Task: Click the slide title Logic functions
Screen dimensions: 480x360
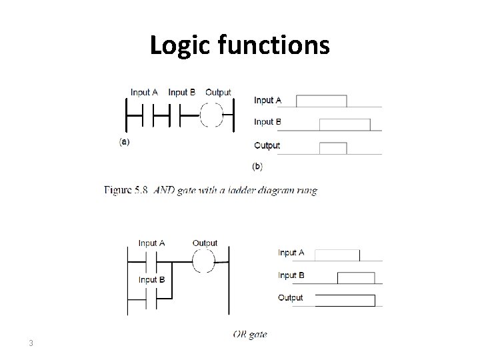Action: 239,45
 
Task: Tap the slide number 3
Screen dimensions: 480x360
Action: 31,343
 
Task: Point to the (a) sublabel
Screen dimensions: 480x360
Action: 124,142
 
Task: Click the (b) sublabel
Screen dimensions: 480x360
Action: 257,165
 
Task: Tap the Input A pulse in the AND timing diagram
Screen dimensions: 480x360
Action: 321,101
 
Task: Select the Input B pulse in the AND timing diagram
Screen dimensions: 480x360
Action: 345,124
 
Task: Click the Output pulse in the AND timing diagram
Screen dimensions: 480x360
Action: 333,147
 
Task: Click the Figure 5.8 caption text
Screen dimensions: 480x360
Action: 211,190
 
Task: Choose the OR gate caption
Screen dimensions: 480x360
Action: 249,335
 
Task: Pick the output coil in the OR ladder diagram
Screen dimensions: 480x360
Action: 205,262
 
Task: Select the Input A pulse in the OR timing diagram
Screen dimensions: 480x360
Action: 337,255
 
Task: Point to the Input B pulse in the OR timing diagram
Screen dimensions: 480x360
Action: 356,277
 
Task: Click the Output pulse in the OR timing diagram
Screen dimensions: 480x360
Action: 345,300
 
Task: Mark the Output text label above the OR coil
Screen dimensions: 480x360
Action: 205,243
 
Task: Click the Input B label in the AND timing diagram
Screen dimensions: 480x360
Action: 267,122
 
